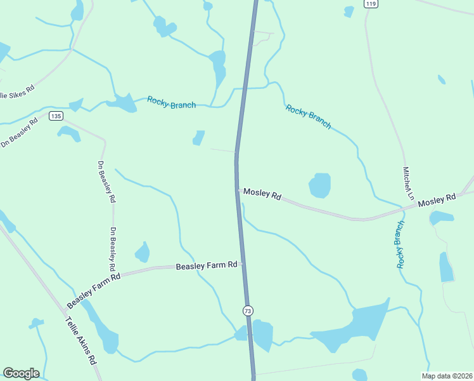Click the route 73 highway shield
(247, 311)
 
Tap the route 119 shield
(371, 4)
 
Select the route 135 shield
(56, 116)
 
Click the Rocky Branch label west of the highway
(171, 102)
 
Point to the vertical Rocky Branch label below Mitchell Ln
(400, 244)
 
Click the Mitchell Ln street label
(408, 184)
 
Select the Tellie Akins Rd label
(81, 340)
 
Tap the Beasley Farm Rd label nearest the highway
(207, 265)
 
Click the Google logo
(21, 373)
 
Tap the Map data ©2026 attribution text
(447, 376)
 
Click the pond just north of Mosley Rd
(319, 185)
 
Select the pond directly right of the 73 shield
(262, 335)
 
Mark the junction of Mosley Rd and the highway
(238, 190)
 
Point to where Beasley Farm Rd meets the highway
(242, 264)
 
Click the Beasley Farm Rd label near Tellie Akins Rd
(98, 288)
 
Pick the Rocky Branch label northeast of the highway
(308, 117)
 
